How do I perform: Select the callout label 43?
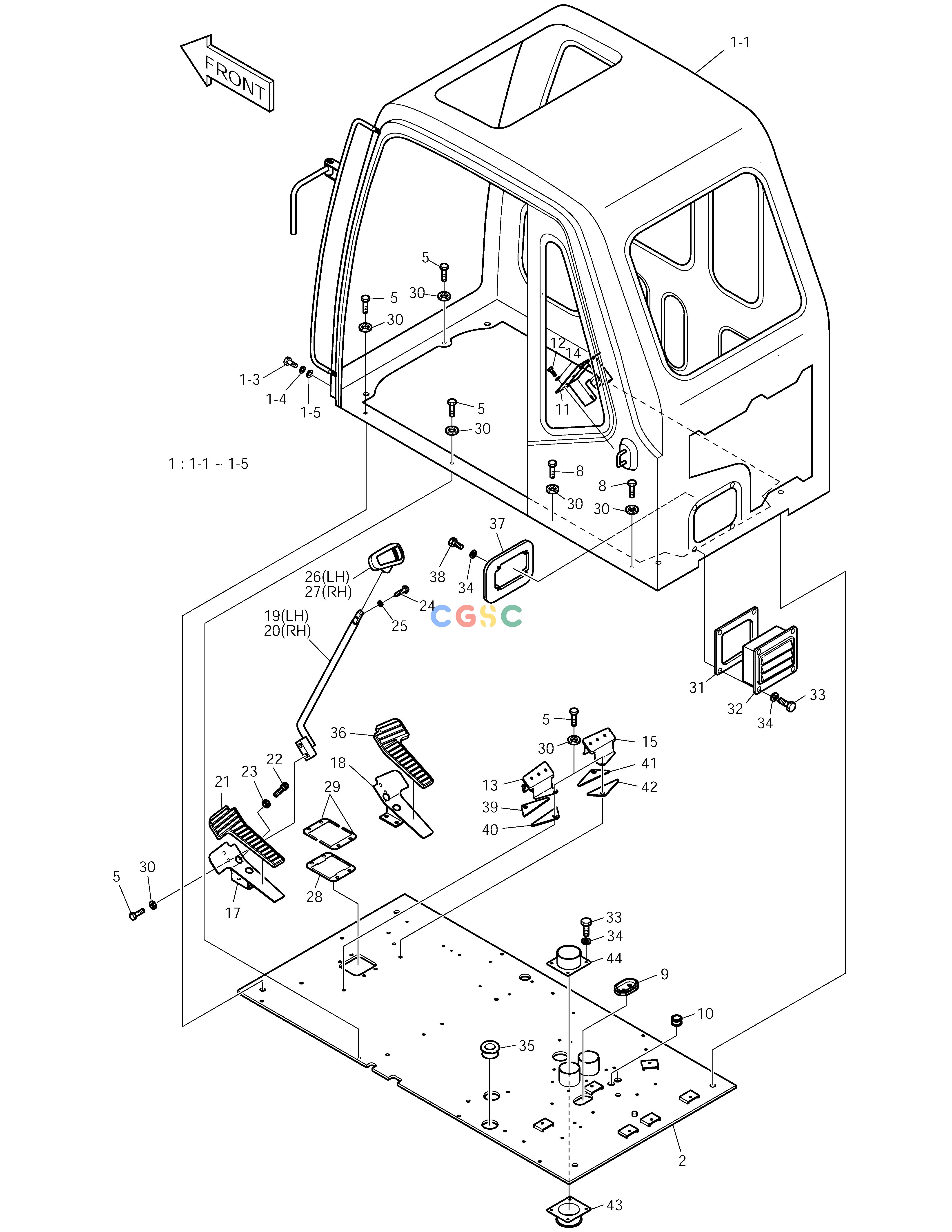click(614, 1205)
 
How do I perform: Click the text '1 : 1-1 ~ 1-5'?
click(208, 464)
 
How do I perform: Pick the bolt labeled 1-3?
click(290, 362)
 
